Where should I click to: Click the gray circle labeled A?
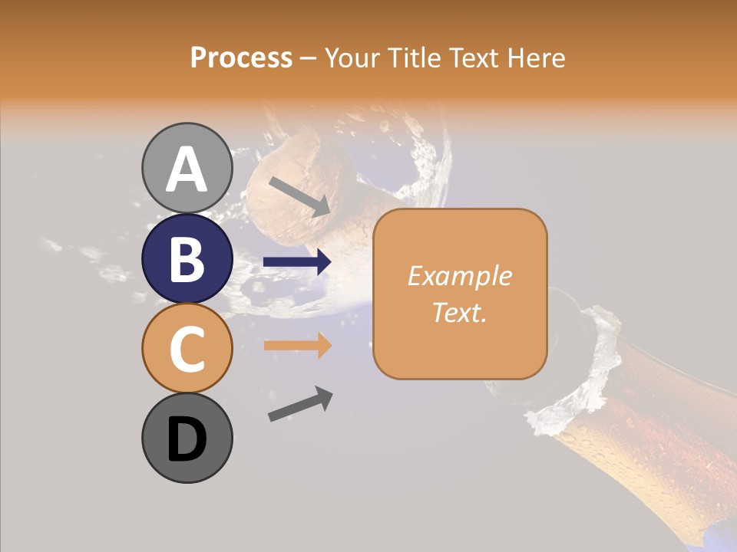click(187, 168)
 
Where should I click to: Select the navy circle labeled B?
click(187, 258)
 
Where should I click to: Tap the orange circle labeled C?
click(187, 348)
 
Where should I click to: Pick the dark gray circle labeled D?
click(187, 438)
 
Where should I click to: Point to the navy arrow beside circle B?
click(297, 262)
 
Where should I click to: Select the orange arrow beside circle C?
click(297, 346)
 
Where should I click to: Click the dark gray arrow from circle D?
click(300, 405)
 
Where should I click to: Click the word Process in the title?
click(241, 58)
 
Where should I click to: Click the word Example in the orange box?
click(459, 276)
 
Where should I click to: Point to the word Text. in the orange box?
click(459, 312)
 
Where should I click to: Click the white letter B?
click(187, 259)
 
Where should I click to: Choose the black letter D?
click(187, 439)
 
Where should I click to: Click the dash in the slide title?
click(308, 59)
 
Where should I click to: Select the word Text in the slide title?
click(473, 58)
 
